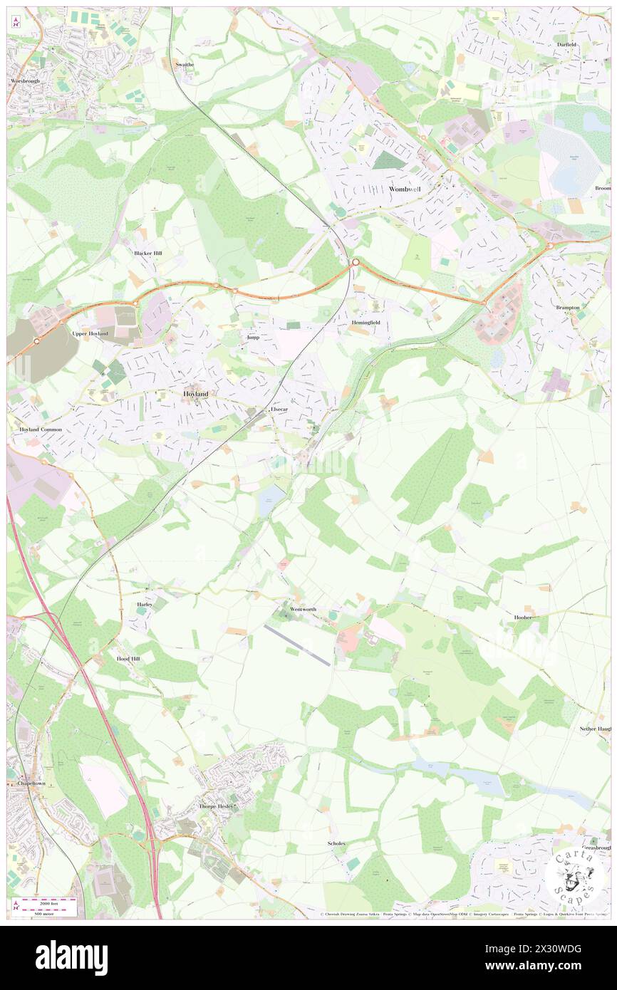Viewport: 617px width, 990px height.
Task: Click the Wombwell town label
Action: [x=407, y=189]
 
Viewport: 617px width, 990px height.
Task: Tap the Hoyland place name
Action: [x=196, y=393]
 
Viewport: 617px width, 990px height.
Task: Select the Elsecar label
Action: [x=278, y=411]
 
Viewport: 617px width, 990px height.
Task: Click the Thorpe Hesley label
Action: [x=217, y=806]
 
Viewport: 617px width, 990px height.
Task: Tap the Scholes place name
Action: [x=336, y=843]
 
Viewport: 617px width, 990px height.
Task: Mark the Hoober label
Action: [x=523, y=618]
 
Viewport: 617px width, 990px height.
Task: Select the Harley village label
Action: [x=145, y=604]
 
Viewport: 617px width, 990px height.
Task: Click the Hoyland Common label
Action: [x=37, y=429]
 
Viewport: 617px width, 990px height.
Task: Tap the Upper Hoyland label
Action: [x=90, y=333]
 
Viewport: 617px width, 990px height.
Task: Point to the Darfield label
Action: [x=567, y=44]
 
